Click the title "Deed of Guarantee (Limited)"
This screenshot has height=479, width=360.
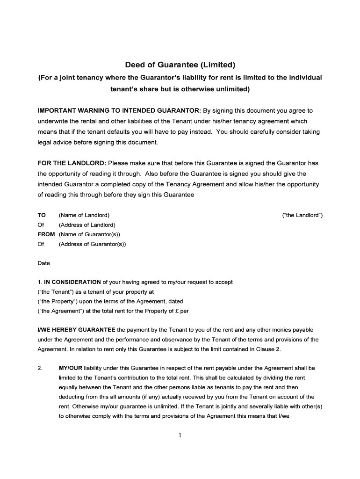point(180,65)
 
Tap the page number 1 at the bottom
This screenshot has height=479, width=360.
point(180,436)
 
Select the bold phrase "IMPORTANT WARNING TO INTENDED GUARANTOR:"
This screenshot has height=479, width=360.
point(119,111)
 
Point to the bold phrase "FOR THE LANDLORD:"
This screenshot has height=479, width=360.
point(72,163)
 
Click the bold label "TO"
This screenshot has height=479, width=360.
point(42,215)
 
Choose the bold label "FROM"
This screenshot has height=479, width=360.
point(46,234)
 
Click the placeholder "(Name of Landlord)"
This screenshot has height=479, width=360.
point(84,215)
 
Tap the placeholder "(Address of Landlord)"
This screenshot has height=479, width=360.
point(87,225)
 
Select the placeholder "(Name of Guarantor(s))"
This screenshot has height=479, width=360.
point(89,234)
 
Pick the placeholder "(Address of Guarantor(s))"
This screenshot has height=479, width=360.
point(92,244)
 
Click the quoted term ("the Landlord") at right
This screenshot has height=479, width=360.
point(302,215)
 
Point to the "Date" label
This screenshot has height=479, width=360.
point(43,263)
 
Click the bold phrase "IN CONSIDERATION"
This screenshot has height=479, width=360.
point(72,282)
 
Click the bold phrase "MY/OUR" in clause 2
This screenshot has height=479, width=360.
point(70,368)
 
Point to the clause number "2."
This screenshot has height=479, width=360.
point(40,368)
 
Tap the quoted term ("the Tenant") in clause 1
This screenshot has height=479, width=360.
point(52,291)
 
